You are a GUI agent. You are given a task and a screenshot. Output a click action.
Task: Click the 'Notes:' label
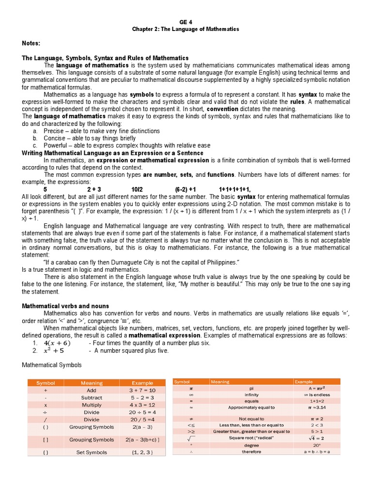(31, 44)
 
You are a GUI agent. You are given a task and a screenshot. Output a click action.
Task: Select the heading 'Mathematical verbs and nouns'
(65, 306)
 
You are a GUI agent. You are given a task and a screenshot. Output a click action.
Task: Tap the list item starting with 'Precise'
(101, 131)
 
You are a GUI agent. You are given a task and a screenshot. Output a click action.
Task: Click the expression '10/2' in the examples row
(137, 189)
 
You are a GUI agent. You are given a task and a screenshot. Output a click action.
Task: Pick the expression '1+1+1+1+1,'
(235, 189)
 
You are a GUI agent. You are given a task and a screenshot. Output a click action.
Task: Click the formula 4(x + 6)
(61, 343)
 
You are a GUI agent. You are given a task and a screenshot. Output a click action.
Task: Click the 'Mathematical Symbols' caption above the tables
(52, 365)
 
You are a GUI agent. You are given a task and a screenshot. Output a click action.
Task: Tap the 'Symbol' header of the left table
(46, 383)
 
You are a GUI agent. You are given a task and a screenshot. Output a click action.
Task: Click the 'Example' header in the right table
(304, 382)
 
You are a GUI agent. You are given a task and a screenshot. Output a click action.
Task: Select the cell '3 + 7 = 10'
(142, 390)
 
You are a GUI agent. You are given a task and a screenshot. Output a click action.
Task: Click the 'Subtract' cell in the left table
(92, 398)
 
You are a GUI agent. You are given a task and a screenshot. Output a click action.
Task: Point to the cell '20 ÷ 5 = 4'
(142, 412)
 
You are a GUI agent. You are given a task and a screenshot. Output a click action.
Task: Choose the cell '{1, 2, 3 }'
(142, 452)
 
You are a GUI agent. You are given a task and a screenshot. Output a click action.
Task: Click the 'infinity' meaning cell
(251, 395)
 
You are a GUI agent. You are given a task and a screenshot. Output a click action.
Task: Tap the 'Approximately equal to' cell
(251, 407)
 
